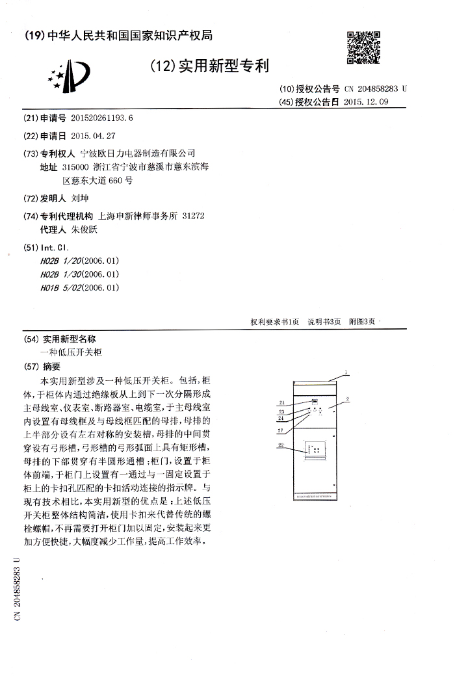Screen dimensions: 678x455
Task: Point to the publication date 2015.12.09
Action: click(365, 102)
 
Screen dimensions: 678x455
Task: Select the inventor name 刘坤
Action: click(79, 199)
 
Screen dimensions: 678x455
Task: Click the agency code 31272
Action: click(194, 216)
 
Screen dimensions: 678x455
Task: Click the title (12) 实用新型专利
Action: click(208, 66)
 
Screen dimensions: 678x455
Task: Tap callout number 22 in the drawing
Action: click(281, 445)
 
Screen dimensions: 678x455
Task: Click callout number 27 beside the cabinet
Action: click(281, 430)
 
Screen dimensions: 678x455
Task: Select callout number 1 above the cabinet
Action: click(346, 372)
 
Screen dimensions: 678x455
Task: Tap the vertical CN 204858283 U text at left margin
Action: click(18, 588)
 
